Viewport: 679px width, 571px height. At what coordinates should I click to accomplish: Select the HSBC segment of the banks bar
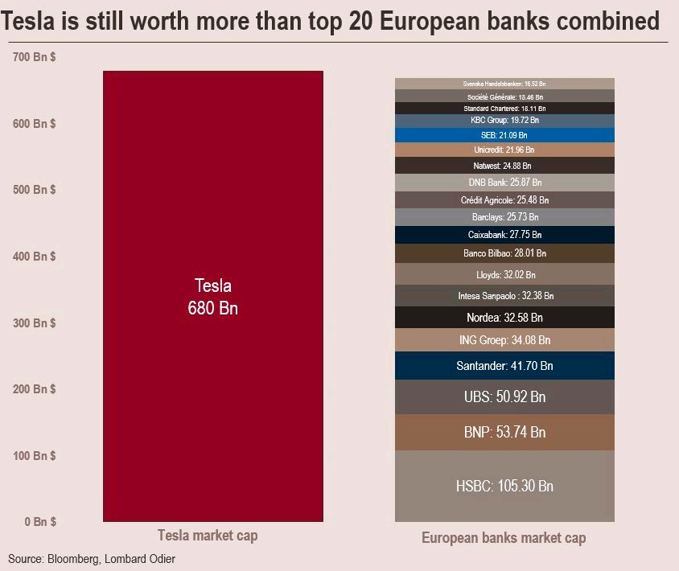[x=504, y=486]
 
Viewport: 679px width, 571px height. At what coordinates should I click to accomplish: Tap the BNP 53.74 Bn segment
[x=504, y=432]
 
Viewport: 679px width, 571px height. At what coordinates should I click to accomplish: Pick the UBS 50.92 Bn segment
[x=504, y=396]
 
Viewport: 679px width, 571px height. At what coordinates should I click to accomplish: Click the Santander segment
[x=504, y=365]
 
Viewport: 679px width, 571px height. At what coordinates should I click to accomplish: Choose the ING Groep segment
[x=504, y=339]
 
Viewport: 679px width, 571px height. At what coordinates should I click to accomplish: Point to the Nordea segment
[x=504, y=317]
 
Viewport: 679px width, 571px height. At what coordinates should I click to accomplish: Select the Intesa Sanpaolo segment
[x=504, y=295]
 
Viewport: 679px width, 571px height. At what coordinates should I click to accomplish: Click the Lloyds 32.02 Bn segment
[x=504, y=273]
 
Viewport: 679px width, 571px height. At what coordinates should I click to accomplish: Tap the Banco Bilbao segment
[x=504, y=253]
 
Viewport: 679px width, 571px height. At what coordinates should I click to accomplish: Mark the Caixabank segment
[x=504, y=234]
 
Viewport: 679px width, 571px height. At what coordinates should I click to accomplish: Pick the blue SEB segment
[x=504, y=134]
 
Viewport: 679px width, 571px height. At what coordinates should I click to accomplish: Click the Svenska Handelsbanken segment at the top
[x=504, y=83]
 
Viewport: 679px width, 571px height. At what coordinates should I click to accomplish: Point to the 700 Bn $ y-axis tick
[x=34, y=57]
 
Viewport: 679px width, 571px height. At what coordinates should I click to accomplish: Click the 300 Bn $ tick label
[x=34, y=322]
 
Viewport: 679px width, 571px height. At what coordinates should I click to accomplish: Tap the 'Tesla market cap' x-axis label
[x=208, y=535]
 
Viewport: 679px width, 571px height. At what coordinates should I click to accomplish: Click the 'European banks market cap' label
[x=504, y=538]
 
